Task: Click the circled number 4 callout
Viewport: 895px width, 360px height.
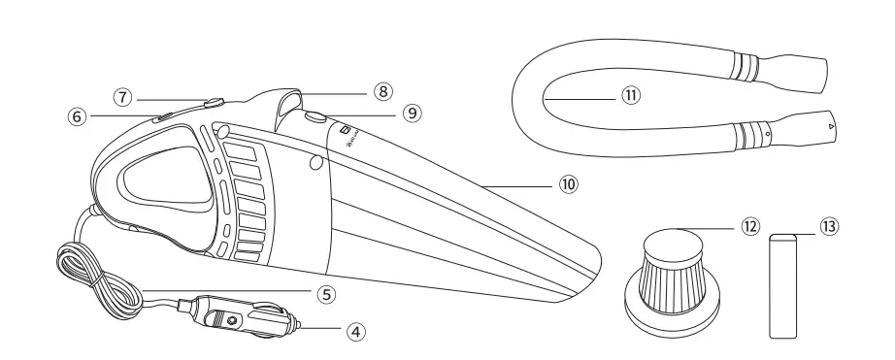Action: point(358,331)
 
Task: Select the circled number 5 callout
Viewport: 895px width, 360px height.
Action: point(331,291)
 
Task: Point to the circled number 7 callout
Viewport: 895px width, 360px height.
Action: point(121,97)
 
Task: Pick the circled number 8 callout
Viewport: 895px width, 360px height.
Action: point(383,91)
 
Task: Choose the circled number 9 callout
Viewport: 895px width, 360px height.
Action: point(413,113)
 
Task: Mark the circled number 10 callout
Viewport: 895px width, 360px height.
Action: point(568,181)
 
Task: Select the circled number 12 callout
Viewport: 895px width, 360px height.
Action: point(749,226)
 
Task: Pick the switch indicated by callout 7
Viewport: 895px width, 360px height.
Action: point(213,101)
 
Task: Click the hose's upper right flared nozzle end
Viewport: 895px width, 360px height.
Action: point(808,73)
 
